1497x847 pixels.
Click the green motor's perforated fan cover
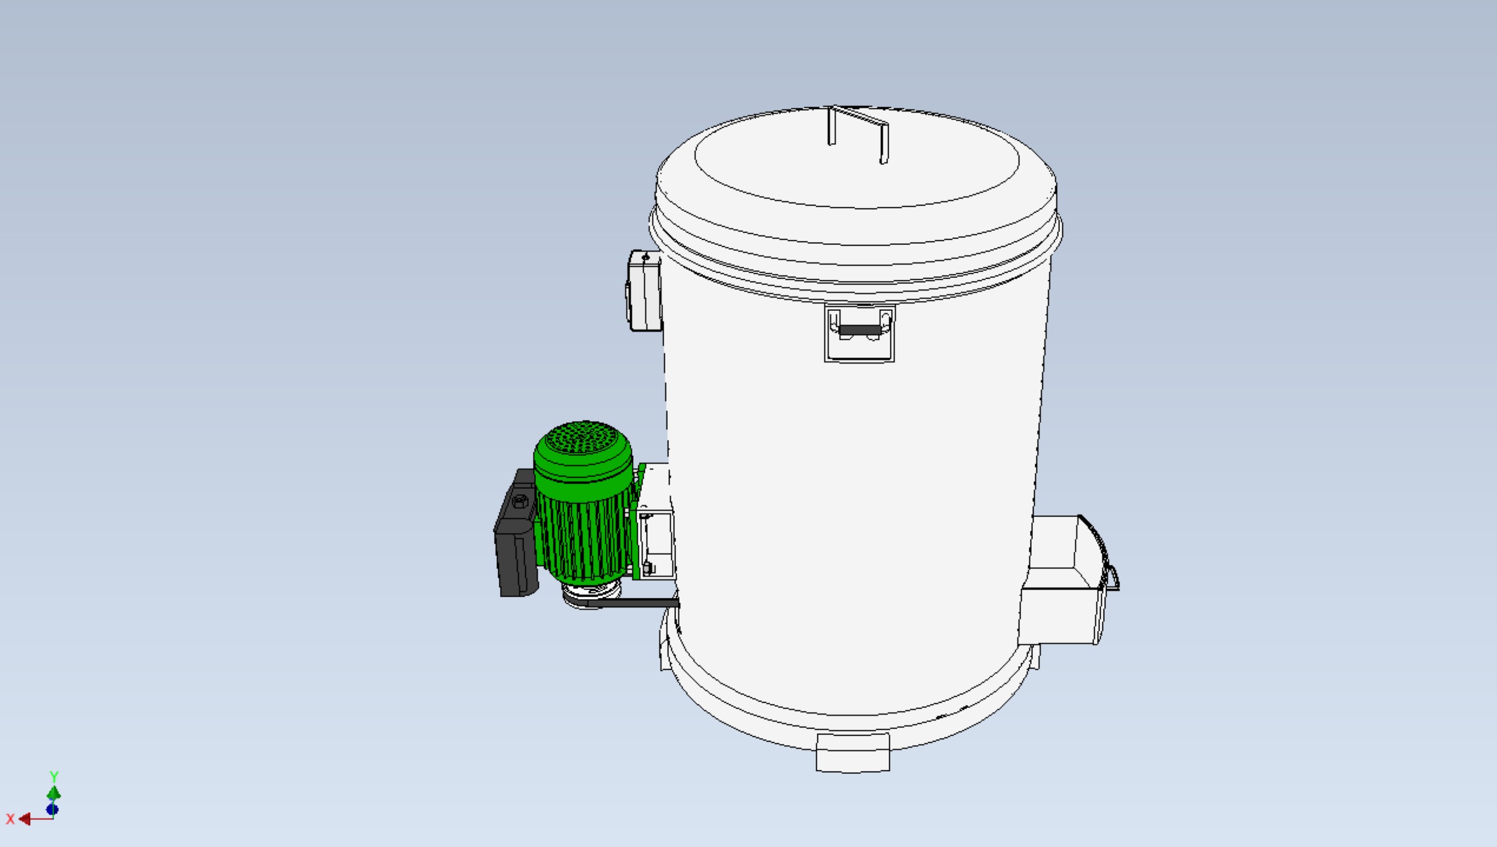tap(582, 440)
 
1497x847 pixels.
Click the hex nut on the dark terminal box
tap(520, 502)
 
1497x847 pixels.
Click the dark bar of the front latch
tap(860, 330)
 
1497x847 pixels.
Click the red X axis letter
tap(10, 819)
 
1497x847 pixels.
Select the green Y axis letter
tap(54, 777)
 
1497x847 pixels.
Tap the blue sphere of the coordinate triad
tap(52, 810)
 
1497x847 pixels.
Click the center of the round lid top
tap(856, 159)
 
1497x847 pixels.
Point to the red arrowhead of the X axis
tap(25, 819)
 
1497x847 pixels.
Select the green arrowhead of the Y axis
tap(54, 793)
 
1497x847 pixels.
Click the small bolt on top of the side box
tap(646, 258)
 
